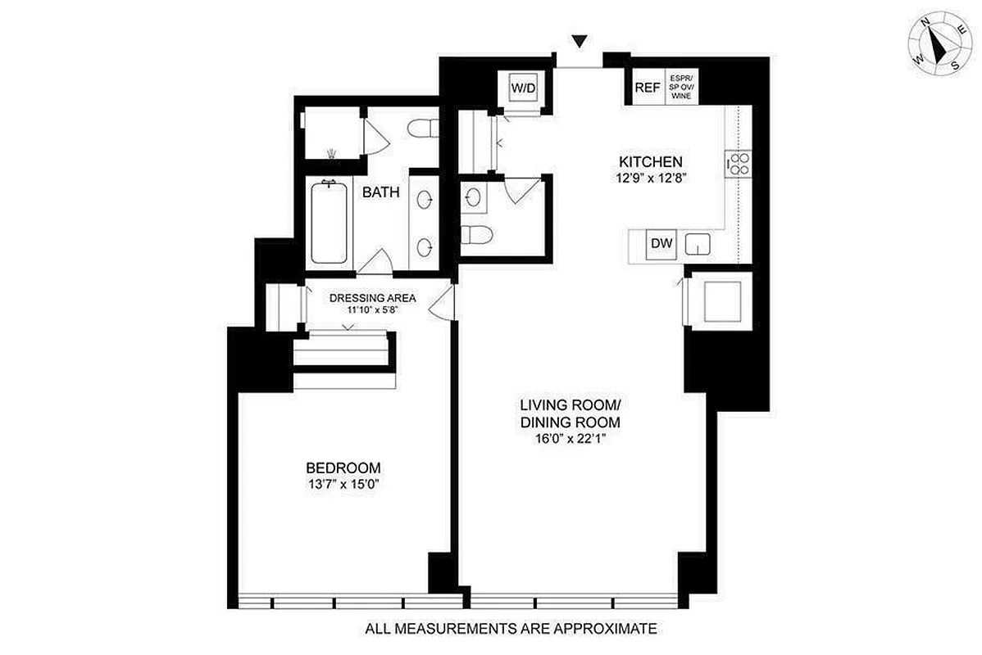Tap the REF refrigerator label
click(648, 88)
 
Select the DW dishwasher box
click(661, 243)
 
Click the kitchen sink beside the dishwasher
click(698, 244)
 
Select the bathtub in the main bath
click(330, 222)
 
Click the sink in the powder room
click(474, 196)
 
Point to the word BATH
click(381, 193)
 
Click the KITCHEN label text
click(650, 161)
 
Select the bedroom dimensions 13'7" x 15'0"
click(343, 484)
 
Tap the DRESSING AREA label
click(373, 298)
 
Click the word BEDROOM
click(343, 468)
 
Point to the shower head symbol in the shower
click(331, 152)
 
